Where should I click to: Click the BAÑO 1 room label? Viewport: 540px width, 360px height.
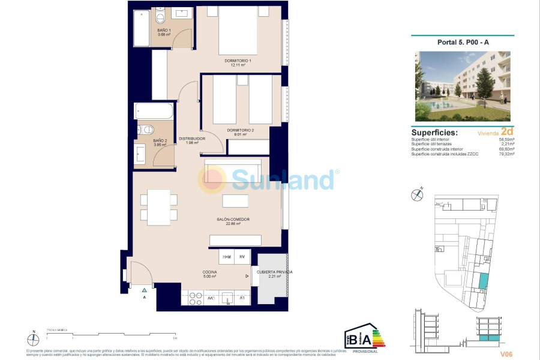(164, 29)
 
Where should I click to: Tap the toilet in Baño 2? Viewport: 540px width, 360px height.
(147, 130)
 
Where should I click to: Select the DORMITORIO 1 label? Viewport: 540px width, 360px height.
(238, 61)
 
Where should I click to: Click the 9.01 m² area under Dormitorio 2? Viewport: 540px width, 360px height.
(241, 135)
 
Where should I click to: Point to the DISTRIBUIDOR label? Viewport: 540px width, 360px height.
(192, 139)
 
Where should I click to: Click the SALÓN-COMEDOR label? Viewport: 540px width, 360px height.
(233, 219)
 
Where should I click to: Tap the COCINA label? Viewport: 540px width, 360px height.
(209, 272)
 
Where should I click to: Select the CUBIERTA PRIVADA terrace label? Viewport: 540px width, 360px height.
(274, 272)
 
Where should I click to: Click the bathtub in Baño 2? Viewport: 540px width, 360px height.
(154, 112)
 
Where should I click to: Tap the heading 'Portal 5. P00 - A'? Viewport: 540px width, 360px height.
(463, 43)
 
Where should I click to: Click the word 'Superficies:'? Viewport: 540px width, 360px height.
(434, 132)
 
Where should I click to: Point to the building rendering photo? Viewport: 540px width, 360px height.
(463, 86)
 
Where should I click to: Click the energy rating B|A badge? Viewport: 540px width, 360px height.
(362, 338)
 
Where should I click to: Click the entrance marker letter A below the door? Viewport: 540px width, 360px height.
(144, 297)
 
